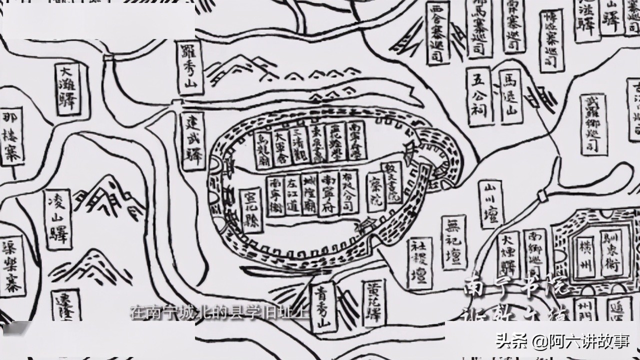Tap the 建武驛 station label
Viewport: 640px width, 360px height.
coord(193,141)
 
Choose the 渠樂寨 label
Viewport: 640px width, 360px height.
coord(12,265)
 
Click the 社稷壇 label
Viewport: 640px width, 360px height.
coord(419,263)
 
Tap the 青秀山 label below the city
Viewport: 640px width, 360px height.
coord(323,307)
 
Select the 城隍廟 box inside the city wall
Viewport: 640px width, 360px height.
coord(310,195)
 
